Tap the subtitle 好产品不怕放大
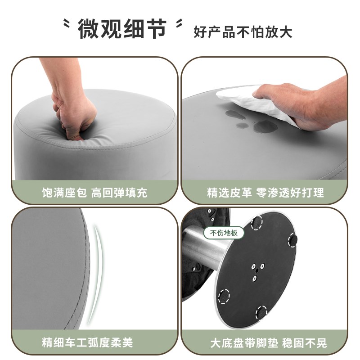click(x=243, y=32)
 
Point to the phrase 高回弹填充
click(x=119, y=193)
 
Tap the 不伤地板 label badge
click(x=224, y=233)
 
